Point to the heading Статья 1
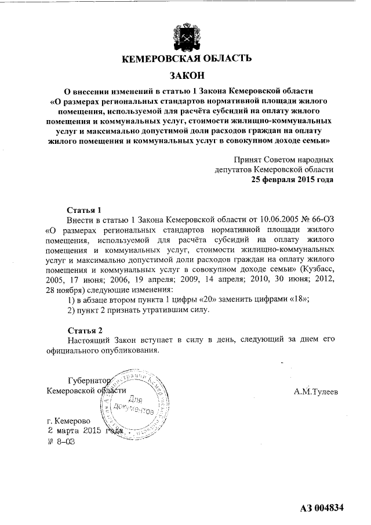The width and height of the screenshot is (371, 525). pos(84,209)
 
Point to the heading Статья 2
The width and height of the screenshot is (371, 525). pos(84,330)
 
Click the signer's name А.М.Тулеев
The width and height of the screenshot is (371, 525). pos(317,392)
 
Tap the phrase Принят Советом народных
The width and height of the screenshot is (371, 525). pos(283,158)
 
